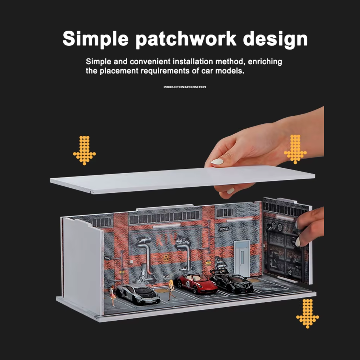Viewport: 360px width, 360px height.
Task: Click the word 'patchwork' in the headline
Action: coord(186,39)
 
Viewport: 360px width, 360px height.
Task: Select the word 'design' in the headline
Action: coord(275,39)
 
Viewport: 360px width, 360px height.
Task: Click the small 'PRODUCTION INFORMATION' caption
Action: coord(185,87)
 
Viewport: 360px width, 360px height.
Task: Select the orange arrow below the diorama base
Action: coord(307,313)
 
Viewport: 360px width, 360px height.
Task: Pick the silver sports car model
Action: coord(138,294)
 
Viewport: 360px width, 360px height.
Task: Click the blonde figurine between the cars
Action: coord(172,290)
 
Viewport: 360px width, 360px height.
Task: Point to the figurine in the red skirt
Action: coord(113,296)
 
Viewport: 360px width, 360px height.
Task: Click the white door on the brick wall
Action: coord(242,258)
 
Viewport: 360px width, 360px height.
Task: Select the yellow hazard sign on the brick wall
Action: coord(166,258)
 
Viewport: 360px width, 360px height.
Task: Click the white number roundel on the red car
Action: coord(188,284)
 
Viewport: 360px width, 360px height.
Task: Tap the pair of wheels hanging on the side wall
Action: coord(276,227)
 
